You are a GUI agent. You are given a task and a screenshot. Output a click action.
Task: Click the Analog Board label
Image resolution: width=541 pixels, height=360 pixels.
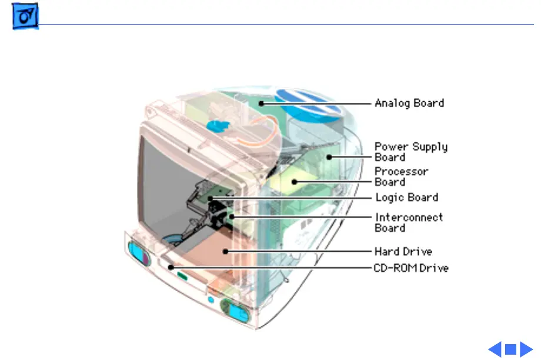pos(409,103)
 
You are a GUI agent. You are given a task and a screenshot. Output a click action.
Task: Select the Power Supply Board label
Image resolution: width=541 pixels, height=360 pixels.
pos(411,152)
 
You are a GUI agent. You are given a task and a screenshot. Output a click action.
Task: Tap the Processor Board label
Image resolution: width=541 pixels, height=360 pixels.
pos(402,176)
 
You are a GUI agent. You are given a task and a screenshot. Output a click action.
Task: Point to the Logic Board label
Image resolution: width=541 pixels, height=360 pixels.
pos(406,197)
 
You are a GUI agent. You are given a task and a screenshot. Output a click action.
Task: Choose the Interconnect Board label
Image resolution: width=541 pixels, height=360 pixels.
pos(409,222)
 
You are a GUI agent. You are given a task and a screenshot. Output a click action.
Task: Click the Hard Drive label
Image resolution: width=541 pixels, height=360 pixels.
pos(403,252)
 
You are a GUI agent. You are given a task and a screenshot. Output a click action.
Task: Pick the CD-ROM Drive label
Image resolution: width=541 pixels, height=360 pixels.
pos(412,268)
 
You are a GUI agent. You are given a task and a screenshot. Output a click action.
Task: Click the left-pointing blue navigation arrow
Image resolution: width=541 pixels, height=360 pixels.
pos(495,349)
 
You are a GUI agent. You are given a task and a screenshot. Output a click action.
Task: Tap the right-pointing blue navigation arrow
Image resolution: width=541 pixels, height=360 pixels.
pos(526,349)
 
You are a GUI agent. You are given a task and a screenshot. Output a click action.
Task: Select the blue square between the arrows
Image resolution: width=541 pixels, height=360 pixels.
pos(510,349)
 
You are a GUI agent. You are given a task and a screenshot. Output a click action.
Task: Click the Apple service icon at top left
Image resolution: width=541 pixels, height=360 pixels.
pos(25,19)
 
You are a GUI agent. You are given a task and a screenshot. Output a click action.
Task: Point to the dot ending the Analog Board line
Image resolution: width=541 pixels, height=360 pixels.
pos(259,103)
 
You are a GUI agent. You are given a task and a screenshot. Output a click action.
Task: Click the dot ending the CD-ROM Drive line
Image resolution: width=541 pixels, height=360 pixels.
pos(171,268)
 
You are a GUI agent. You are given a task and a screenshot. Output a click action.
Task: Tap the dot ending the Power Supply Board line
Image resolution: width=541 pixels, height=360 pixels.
pos(330,156)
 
